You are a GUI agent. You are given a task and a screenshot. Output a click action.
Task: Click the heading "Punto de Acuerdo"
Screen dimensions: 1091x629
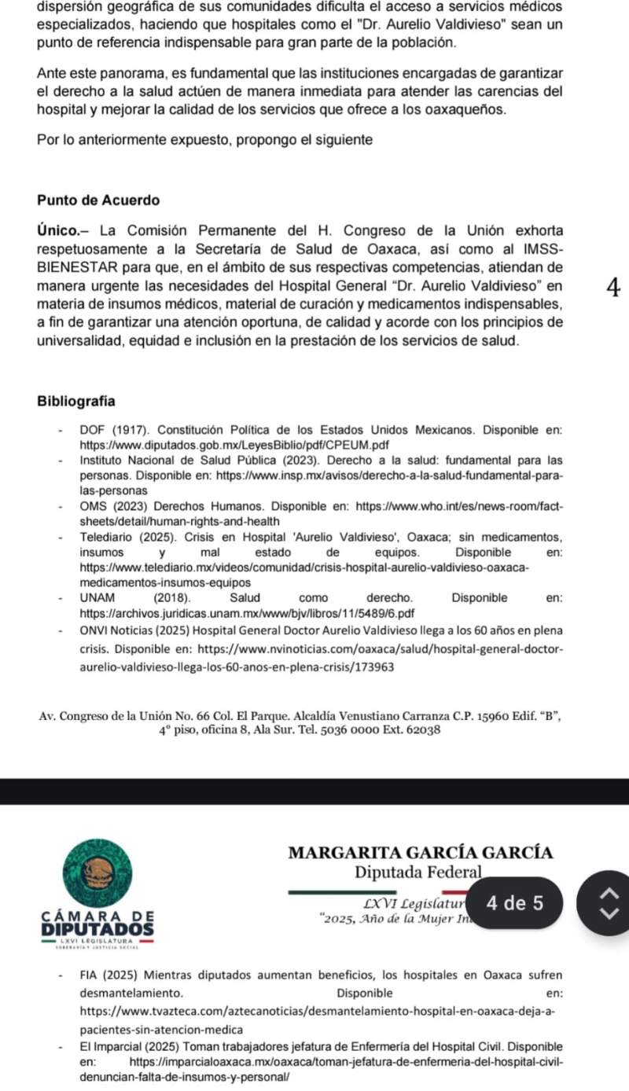pos(97,200)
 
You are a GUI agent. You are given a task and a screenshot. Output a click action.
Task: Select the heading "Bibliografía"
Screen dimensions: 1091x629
pos(75,401)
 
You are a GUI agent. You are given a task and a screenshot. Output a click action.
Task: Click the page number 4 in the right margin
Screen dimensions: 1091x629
pos(614,288)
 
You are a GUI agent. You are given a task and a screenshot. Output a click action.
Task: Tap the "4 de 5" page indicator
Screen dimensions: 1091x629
pos(515,903)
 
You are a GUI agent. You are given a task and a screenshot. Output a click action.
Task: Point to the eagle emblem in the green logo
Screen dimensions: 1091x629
pos(99,871)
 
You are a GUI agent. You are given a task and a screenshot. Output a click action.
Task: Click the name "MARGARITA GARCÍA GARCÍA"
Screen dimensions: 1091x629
pos(421,853)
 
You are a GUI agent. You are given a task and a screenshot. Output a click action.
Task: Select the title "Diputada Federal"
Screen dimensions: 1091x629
pos(417,872)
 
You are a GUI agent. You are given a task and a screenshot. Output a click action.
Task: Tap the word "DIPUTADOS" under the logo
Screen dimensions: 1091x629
pos(97,928)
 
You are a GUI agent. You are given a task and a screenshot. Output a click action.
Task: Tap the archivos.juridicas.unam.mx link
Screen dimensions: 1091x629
pos(248,613)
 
